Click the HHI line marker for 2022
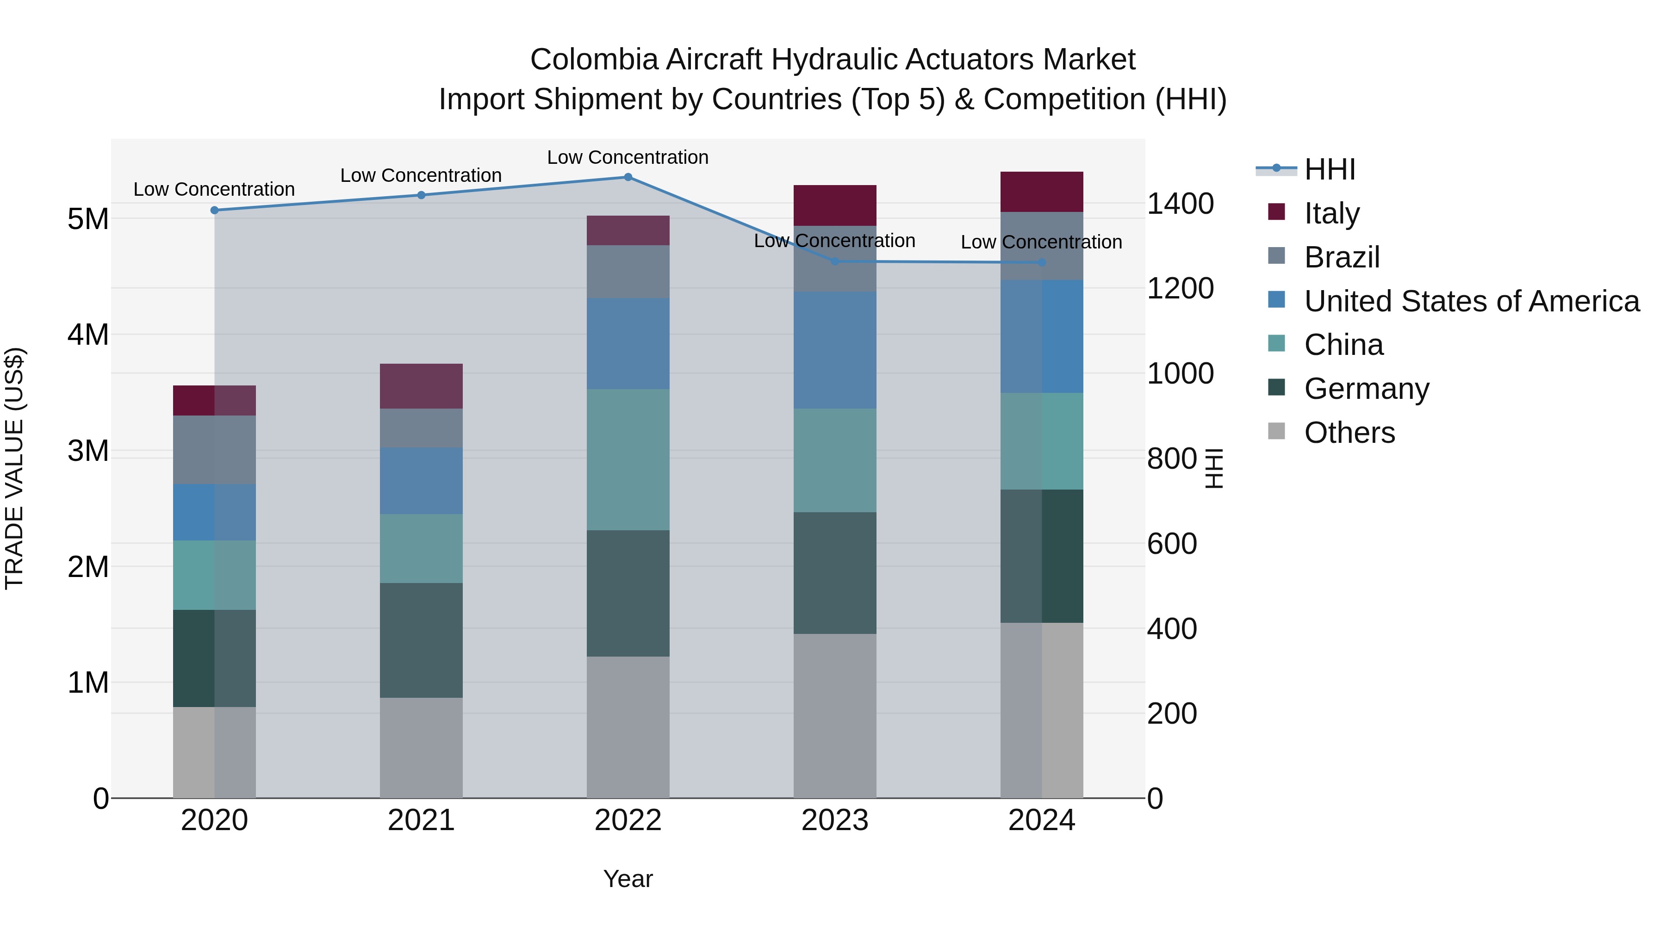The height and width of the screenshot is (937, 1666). (628, 177)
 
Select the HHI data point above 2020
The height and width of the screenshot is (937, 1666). (215, 210)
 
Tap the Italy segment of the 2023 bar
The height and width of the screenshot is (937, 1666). (834, 205)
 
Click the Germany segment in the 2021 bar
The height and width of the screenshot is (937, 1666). (421, 640)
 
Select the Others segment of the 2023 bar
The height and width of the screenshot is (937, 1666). (834, 715)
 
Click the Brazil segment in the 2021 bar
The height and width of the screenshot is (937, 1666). (421, 428)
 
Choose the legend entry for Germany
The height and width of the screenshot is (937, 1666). (1366, 389)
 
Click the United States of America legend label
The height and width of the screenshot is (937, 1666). (1471, 301)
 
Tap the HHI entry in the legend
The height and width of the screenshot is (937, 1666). (1329, 169)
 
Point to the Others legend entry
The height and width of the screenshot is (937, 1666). (1349, 433)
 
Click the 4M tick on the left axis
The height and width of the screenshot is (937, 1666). (88, 335)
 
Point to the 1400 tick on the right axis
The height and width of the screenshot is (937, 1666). (1180, 204)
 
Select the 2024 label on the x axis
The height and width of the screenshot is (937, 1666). (1041, 820)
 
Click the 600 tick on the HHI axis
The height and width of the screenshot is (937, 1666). (1171, 544)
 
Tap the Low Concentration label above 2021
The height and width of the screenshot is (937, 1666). (421, 175)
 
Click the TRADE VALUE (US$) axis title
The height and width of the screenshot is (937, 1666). (14, 468)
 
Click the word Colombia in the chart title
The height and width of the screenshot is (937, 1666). (594, 60)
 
